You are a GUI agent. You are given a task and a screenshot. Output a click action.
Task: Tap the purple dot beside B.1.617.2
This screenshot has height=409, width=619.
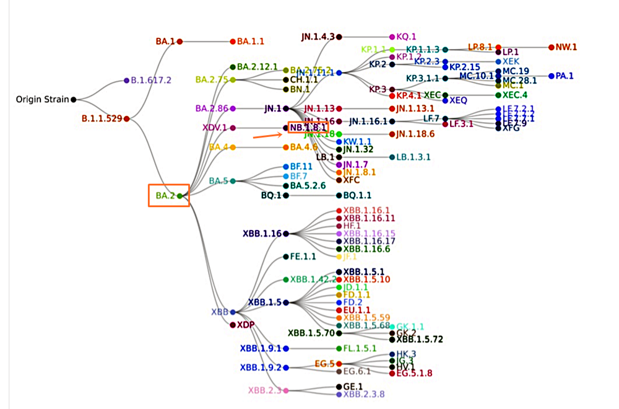(126, 81)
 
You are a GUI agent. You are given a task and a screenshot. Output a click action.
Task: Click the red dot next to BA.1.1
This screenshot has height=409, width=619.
(233, 42)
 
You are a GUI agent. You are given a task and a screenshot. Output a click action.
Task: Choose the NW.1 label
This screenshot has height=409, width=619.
(566, 46)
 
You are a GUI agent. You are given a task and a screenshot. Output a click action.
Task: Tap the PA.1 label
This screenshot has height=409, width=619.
(565, 76)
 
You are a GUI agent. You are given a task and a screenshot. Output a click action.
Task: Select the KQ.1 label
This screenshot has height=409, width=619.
(407, 37)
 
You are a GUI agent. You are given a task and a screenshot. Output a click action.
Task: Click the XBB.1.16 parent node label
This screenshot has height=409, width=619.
(262, 234)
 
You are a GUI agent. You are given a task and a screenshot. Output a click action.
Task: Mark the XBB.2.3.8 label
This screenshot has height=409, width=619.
(365, 394)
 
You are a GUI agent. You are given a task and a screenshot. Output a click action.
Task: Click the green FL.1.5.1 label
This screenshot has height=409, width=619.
(360, 348)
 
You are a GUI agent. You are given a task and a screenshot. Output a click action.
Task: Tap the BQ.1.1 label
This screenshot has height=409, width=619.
(358, 195)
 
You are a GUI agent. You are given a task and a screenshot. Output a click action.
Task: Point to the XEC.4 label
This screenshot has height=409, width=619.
(515, 95)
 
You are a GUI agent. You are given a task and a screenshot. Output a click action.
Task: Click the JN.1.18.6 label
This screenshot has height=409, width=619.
(415, 134)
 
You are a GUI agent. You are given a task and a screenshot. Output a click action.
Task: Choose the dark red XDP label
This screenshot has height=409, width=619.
(246, 325)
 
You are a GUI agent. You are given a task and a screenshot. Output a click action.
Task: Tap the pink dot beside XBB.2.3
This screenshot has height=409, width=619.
(286, 390)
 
